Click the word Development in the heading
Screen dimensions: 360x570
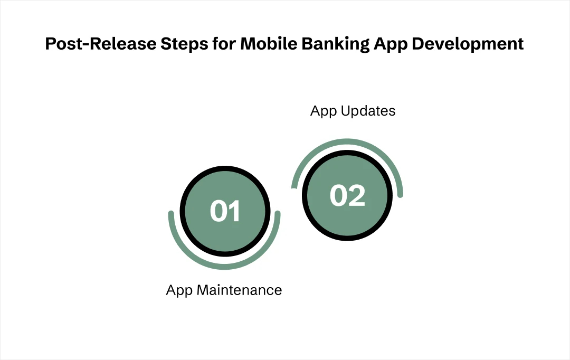point(468,44)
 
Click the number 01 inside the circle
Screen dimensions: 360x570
point(225,211)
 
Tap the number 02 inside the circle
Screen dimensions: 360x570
point(347,196)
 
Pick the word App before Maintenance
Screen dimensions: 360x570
point(179,290)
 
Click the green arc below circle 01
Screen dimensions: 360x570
point(224,267)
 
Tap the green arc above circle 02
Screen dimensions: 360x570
point(347,141)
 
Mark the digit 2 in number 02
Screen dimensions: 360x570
point(356,196)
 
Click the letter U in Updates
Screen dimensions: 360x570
point(348,111)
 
